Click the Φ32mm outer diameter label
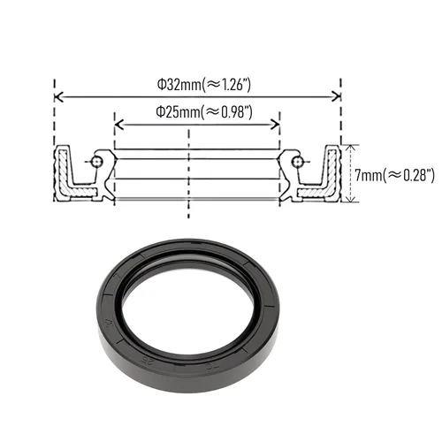point(203,85)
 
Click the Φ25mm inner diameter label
point(204,112)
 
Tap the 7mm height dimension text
point(394,175)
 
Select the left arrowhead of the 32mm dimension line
point(59,96)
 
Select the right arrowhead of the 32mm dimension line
point(336,96)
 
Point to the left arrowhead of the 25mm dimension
point(118,125)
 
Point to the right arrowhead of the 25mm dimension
point(275,125)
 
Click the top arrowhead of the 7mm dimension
point(350,149)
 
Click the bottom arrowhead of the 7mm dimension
point(350,199)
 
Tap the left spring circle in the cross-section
point(96,162)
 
